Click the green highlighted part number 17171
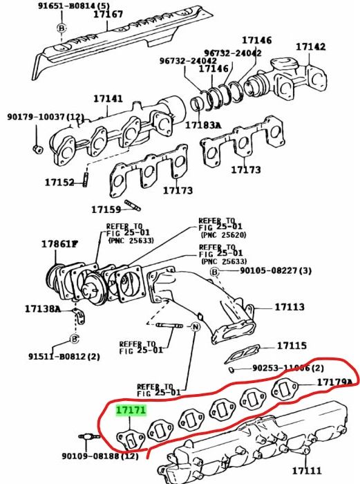[x=131, y=410]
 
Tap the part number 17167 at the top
[x=108, y=14]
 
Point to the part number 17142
[x=311, y=47]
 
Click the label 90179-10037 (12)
[x=46, y=117]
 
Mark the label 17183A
[x=202, y=125]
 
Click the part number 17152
[x=59, y=183]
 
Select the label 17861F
[x=59, y=244]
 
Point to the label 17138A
[x=43, y=308]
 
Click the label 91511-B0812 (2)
[x=64, y=357]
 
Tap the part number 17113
[x=290, y=306]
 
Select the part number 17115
[x=292, y=345]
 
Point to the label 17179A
[x=334, y=382]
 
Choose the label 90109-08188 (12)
[x=100, y=456]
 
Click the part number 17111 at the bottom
[x=307, y=471]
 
